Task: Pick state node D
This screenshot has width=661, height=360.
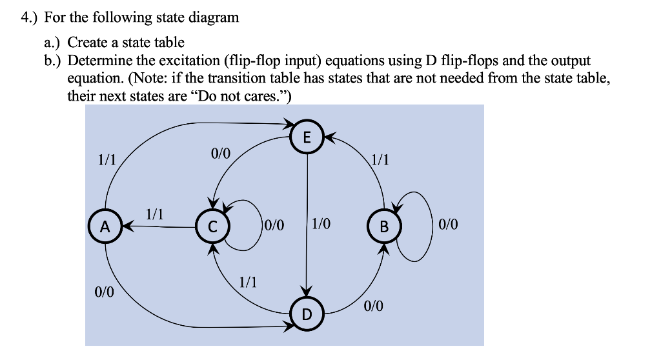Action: tap(307, 314)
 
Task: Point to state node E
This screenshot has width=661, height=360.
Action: tap(307, 137)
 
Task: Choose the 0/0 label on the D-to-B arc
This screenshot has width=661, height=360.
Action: tap(373, 306)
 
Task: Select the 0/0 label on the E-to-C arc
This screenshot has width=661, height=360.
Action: tap(220, 154)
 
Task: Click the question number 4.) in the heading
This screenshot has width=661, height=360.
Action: tap(28, 18)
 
